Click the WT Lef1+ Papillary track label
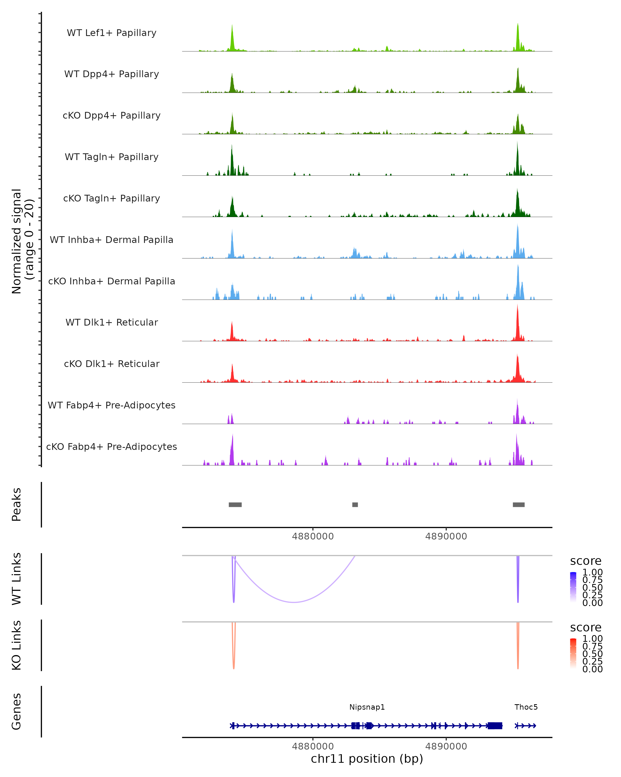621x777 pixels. (x=112, y=33)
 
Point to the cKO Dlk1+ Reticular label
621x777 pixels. (x=112, y=364)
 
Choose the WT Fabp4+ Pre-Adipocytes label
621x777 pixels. (x=112, y=405)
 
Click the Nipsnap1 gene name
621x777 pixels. (x=367, y=707)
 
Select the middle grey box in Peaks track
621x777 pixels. (x=355, y=505)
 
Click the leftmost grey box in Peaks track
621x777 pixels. (x=235, y=505)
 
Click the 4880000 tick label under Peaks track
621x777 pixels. (x=313, y=536)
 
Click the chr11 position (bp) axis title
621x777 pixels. (x=367, y=759)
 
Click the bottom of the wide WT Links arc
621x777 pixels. (x=294, y=602)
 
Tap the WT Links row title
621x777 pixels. (x=17, y=579)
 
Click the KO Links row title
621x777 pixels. (x=17, y=645)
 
